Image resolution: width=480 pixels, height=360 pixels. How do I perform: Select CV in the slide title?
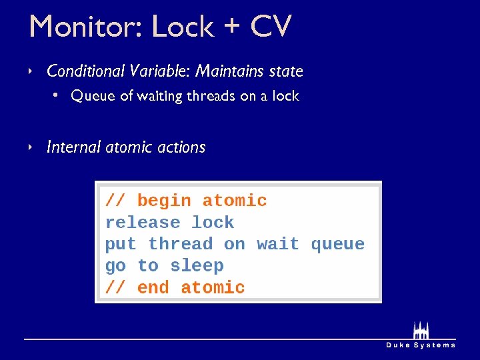(x=271, y=27)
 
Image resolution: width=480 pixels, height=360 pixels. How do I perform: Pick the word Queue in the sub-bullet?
(x=93, y=96)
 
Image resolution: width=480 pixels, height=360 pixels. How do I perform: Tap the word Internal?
(x=74, y=147)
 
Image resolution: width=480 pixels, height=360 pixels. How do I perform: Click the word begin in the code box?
(x=164, y=201)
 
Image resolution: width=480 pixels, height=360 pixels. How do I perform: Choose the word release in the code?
(x=143, y=223)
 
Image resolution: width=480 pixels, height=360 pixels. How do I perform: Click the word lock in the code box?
(x=213, y=223)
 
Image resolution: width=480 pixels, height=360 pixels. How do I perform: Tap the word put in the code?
(x=121, y=245)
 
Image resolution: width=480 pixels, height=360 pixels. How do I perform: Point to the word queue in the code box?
(x=337, y=245)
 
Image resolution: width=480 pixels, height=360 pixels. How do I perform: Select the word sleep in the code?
(x=197, y=266)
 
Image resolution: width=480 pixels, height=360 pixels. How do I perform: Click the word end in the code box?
(x=153, y=288)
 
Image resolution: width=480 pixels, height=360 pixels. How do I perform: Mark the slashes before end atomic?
(x=115, y=288)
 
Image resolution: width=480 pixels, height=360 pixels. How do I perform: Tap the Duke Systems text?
(x=421, y=345)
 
